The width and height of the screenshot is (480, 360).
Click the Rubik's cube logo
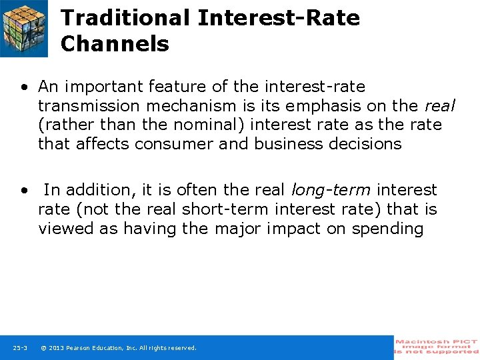25,28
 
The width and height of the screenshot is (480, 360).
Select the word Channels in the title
115,44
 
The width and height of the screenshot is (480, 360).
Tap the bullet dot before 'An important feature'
24,87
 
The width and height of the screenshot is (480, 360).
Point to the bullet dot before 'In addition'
24,191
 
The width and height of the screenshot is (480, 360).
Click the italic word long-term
331,191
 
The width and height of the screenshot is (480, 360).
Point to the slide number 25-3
20,348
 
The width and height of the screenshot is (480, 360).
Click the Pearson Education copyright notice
119,348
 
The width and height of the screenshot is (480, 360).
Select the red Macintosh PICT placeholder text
437,347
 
